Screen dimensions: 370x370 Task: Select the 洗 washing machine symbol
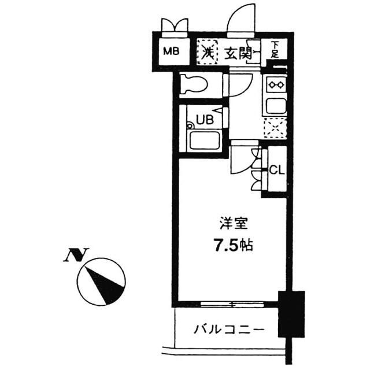click(x=206, y=51)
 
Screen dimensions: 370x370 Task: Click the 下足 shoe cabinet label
click(x=275, y=50)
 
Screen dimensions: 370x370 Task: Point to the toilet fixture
click(x=193, y=85)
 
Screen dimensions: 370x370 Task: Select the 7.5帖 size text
click(x=230, y=245)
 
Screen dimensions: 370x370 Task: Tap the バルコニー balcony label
click(x=229, y=331)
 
